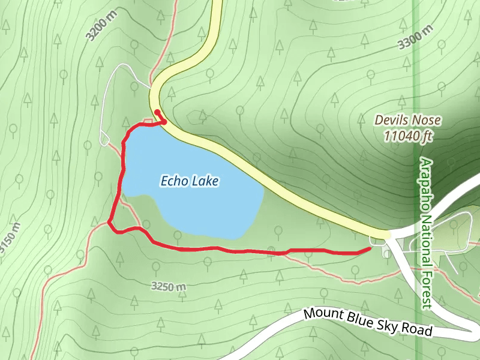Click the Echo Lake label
pyautogui.click(x=190, y=181)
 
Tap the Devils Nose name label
pyautogui.click(x=408, y=120)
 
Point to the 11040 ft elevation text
pyautogui.click(x=408, y=137)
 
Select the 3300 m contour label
pyautogui.click(x=415, y=37)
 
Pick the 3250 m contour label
pyautogui.click(x=169, y=287)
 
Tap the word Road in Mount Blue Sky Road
pyautogui.click(x=418, y=330)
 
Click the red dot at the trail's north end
pyautogui.click(x=157, y=112)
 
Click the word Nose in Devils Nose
pyautogui.click(x=427, y=120)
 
